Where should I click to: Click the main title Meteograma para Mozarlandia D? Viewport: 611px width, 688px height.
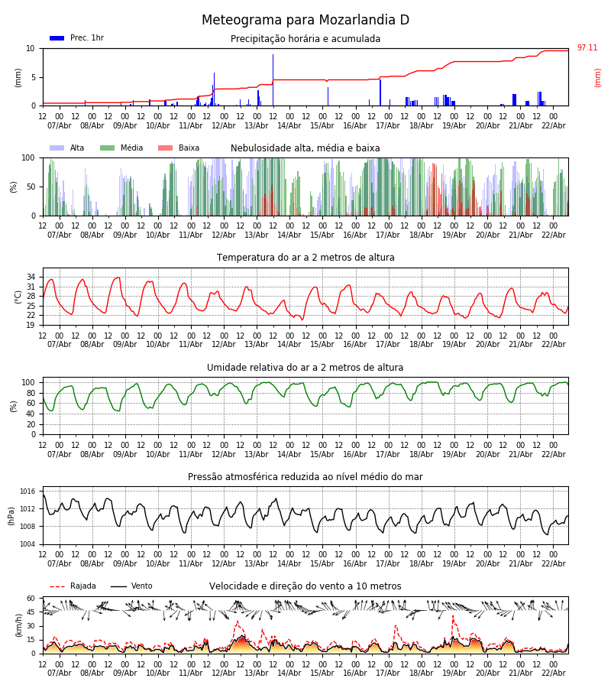pyautogui.click(x=305, y=21)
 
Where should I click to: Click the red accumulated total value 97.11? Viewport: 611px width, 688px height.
pyautogui.click(x=587, y=48)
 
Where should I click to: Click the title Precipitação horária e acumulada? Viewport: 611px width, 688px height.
pyautogui.click(x=305, y=39)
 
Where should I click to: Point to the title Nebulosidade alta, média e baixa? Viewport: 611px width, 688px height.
pyautogui.click(x=305, y=148)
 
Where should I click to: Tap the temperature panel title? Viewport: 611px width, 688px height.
pyautogui.click(x=305, y=258)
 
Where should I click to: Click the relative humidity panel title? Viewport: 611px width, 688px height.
pyautogui.click(x=305, y=368)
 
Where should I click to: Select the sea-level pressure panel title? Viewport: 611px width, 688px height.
pyautogui.click(x=305, y=477)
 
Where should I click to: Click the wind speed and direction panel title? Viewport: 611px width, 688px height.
pyautogui.click(x=305, y=586)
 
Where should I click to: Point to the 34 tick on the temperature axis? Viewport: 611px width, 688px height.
pyautogui.click(x=31, y=277)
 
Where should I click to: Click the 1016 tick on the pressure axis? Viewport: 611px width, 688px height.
pyautogui.click(x=27, y=492)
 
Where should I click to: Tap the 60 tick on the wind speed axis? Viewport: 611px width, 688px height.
pyautogui.click(x=31, y=599)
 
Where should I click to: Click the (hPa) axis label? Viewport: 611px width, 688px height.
pyautogui.click(x=11, y=515)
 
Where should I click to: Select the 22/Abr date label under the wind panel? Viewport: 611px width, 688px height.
pyautogui.click(x=553, y=673)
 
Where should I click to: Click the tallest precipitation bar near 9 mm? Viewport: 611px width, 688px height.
pyautogui.click(x=273, y=80)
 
